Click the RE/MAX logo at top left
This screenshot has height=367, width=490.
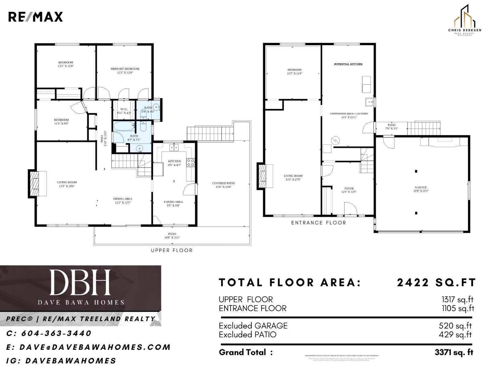pos(35,17)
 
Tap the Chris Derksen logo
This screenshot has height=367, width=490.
pos(464,20)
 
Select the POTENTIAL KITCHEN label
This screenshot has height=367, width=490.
pos(348,64)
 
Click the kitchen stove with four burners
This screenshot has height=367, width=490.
pos(190,162)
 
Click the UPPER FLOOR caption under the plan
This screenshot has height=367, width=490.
pos(172,250)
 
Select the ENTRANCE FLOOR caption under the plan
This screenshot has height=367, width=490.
pos(318,223)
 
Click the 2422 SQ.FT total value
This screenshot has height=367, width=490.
pos(436,283)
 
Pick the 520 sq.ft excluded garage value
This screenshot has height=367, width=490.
pos(455,326)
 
